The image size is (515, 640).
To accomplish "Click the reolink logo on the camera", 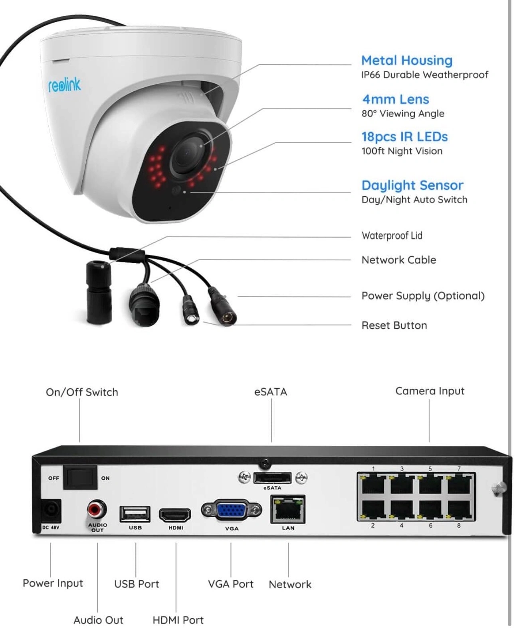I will (x=64, y=85).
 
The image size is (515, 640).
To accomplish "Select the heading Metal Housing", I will (x=407, y=61).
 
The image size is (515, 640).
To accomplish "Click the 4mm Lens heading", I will (x=395, y=99).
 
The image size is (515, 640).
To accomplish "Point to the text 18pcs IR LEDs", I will (x=404, y=137).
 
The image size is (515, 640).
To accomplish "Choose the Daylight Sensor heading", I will (x=412, y=185).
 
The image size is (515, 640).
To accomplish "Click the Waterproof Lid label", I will (x=392, y=236).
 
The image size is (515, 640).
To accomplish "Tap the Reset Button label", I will (x=394, y=325).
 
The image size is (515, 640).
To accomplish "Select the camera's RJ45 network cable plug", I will (x=144, y=305).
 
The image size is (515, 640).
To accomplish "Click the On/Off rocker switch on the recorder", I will (x=81, y=477).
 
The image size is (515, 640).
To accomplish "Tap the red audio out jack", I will (x=97, y=509).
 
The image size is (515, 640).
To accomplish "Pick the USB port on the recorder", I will (x=135, y=514).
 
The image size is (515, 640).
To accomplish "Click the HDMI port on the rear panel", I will (x=175, y=515).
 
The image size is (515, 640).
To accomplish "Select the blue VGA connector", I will (x=232, y=510).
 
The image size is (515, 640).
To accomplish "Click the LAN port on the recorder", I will (x=288, y=510).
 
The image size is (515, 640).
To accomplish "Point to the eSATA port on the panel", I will (x=272, y=477).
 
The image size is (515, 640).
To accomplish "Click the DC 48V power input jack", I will (x=51, y=511).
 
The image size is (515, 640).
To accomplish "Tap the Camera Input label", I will (x=430, y=391).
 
